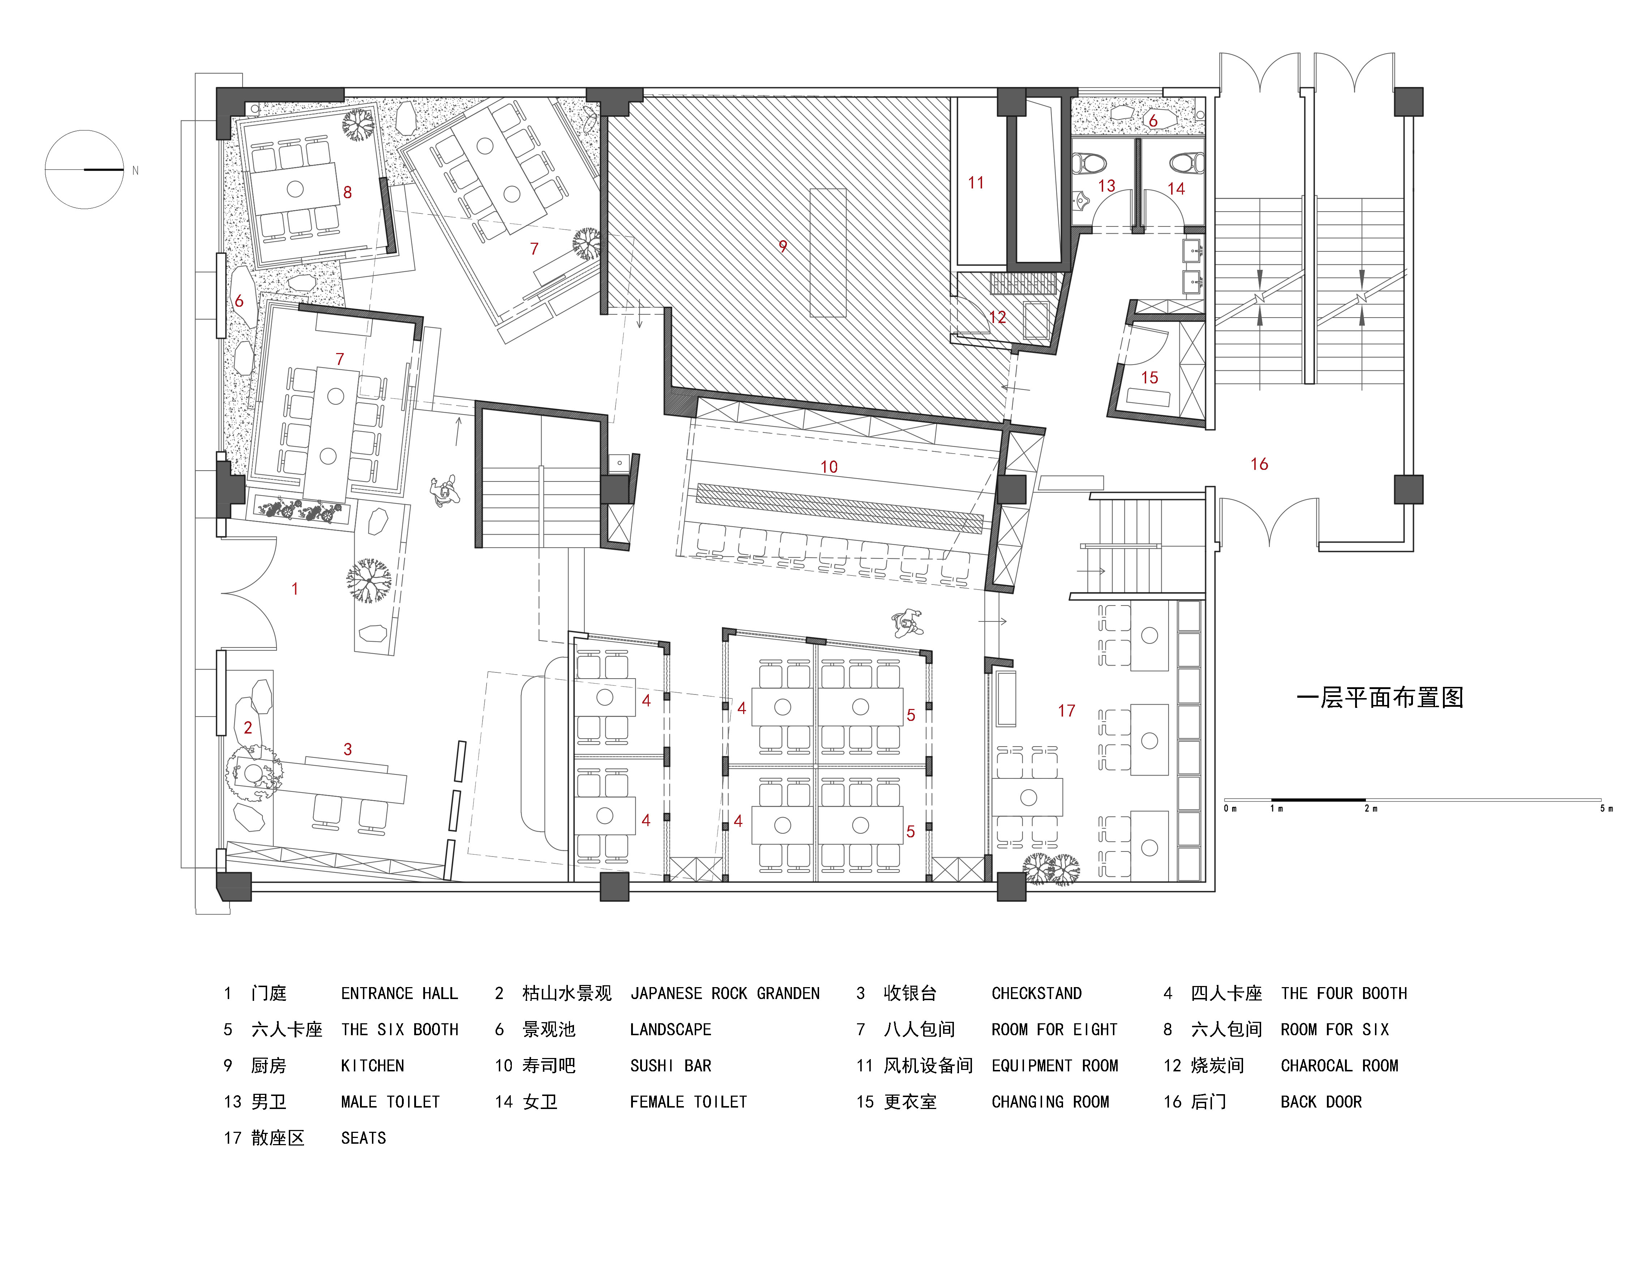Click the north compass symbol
pos(84,170)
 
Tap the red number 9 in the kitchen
pos(783,246)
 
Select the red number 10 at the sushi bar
pos(829,467)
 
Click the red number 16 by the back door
pos(1259,464)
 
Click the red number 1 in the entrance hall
pos(295,588)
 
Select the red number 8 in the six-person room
pos(347,192)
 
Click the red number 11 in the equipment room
pos(976,183)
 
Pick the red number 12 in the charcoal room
pos(997,317)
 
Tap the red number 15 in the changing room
pos(1149,377)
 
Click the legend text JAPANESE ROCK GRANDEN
pos(725,994)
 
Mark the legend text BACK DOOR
pos(1321,1102)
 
